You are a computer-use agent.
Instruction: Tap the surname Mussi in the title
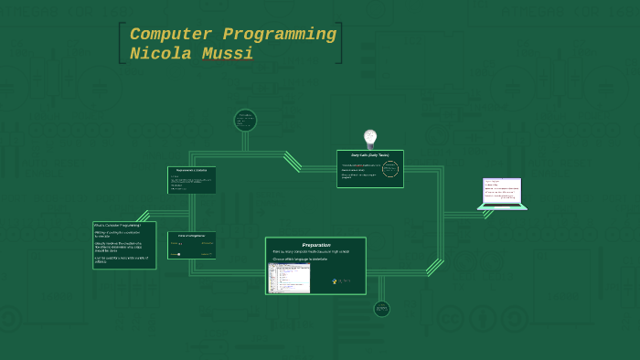pyautogui.click(x=228, y=54)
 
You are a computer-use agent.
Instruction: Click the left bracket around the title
pyautogui.click(x=122, y=43)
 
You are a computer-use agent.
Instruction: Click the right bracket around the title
pyautogui.click(x=340, y=43)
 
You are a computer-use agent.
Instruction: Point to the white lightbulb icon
pyautogui.click(x=370, y=138)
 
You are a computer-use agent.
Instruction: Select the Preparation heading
pyautogui.click(x=316, y=245)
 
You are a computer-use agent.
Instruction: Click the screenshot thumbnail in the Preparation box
pyautogui.click(x=289, y=278)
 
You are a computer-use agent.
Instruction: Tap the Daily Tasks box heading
pyautogui.click(x=370, y=155)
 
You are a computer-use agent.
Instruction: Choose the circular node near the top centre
pyautogui.click(x=245, y=120)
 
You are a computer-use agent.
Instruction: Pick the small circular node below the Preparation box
pyautogui.click(x=381, y=309)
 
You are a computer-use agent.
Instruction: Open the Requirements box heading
pyautogui.click(x=192, y=171)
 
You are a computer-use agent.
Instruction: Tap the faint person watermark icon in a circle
pyautogui.click(x=482, y=319)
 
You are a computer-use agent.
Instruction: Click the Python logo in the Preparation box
pyautogui.click(x=338, y=281)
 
